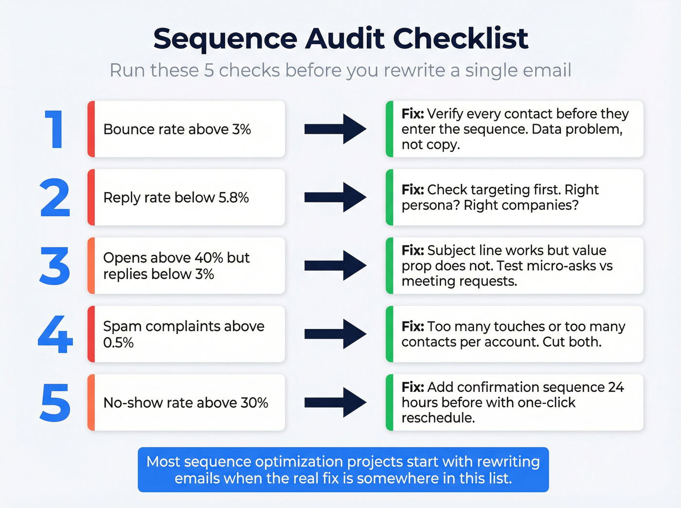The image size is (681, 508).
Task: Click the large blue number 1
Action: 55,129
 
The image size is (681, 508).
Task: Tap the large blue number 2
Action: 55,197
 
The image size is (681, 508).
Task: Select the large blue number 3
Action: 55,266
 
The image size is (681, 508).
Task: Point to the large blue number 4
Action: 55,334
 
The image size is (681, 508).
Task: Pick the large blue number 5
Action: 55,403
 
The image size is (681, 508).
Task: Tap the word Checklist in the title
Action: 460,38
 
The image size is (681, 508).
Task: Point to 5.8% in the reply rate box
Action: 233,197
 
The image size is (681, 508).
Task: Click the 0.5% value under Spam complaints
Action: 118,343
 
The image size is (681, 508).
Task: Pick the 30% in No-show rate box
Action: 254,403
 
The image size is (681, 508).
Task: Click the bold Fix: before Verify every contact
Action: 412,114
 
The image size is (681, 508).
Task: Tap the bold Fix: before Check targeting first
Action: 412,190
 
